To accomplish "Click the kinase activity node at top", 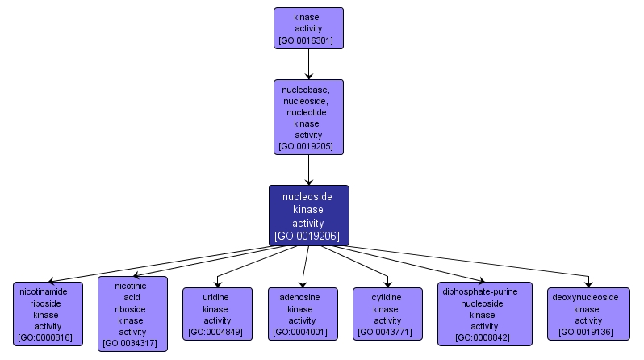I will point(308,28).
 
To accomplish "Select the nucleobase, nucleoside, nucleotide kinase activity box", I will point(308,116).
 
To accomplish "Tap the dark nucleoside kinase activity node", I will point(308,216).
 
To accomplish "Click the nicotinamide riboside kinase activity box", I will point(48,314).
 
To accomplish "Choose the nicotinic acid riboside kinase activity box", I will point(132,314).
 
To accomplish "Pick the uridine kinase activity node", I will point(216,314).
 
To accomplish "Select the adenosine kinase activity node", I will point(302,314).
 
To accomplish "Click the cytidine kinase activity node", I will point(387,314).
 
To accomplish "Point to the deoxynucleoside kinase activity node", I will point(588,314).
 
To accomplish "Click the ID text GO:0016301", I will point(308,40).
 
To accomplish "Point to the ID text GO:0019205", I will point(308,147).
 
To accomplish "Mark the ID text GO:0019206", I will point(308,237).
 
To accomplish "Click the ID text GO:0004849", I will point(216,333).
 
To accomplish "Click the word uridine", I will point(216,297).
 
